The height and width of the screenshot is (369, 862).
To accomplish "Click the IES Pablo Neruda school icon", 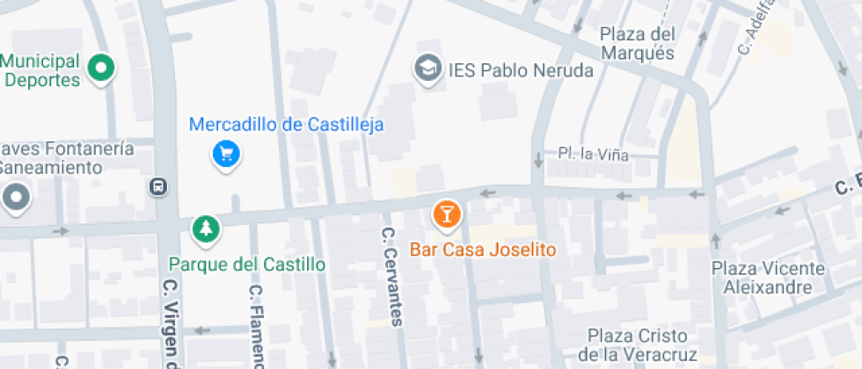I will tap(428, 69).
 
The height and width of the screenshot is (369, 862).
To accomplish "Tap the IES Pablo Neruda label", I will tap(521, 69).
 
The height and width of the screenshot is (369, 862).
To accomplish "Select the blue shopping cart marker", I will tap(227, 156).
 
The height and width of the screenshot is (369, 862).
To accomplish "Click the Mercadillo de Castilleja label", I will tap(288, 125).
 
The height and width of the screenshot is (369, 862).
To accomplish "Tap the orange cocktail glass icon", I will tap(446, 213).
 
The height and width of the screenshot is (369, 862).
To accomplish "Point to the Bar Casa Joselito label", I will tap(483, 250).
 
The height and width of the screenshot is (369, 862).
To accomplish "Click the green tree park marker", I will tap(206, 229).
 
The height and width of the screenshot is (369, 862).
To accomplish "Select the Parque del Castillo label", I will tap(247, 264).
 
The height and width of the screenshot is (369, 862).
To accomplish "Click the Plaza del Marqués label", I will tap(638, 44).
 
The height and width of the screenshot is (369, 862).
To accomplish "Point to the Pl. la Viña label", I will tap(594, 155).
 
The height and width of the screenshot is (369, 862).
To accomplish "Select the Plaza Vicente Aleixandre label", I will tap(768, 278).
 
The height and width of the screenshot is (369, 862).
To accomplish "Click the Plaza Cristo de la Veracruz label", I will tap(642, 345).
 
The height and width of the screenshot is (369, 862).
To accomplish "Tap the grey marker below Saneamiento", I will tap(16, 198).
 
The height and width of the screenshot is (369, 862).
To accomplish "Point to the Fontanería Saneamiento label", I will tap(66, 157).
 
